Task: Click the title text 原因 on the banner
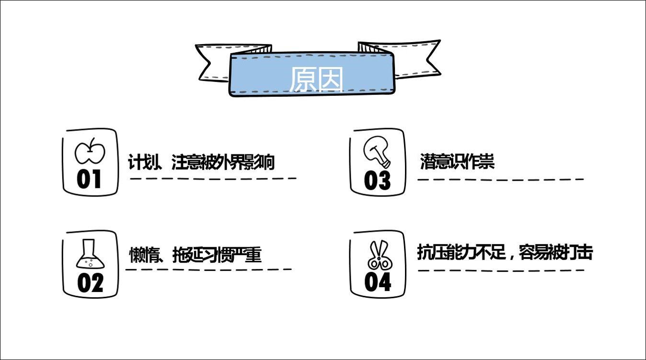[x=316, y=80]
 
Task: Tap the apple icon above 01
[x=90, y=151]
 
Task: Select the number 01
[x=89, y=179]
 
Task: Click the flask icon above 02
[x=90, y=254]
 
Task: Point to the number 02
[x=90, y=283]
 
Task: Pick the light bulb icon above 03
[x=377, y=152]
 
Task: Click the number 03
[x=377, y=181]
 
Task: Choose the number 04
[x=378, y=282]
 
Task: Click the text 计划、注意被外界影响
[x=201, y=162]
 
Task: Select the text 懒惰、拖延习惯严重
[x=195, y=255]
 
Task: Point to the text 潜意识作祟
[x=457, y=161]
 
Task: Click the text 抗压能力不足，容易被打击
[x=505, y=253]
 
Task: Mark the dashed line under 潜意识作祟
[x=501, y=180]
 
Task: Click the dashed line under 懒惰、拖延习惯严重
[x=208, y=270]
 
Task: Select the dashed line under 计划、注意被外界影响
[x=213, y=179]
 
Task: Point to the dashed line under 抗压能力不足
[x=501, y=270]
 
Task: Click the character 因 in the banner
[x=330, y=80]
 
